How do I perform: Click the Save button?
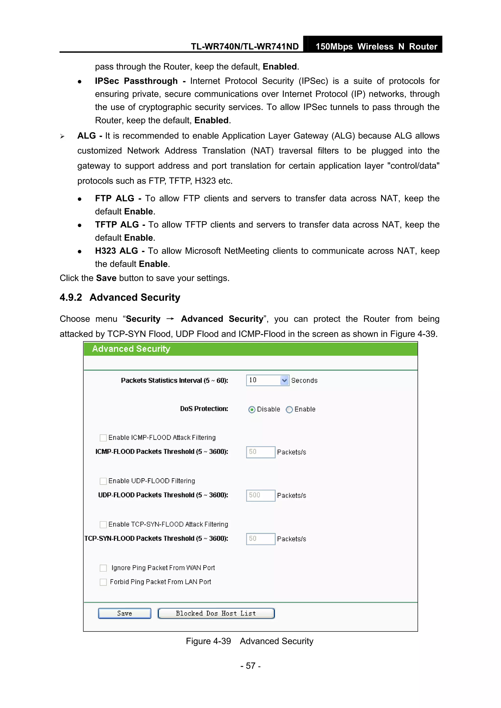tap(125, 613)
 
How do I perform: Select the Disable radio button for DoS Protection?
tap(252, 410)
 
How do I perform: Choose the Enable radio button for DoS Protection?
tap(289, 410)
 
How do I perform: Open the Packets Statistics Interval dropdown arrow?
tap(284, 380)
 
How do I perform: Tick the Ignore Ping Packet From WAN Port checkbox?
tap(103, 568)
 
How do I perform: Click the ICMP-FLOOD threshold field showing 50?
tap(261, 452)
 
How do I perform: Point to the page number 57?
tap(250, 666)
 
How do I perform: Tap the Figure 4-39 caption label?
tap(208, 641)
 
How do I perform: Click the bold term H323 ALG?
tap(116, 251)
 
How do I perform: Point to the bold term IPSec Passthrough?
tap(136, 81)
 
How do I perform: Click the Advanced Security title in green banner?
tap(131, 349)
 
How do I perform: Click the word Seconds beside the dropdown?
tap(304, 381)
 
